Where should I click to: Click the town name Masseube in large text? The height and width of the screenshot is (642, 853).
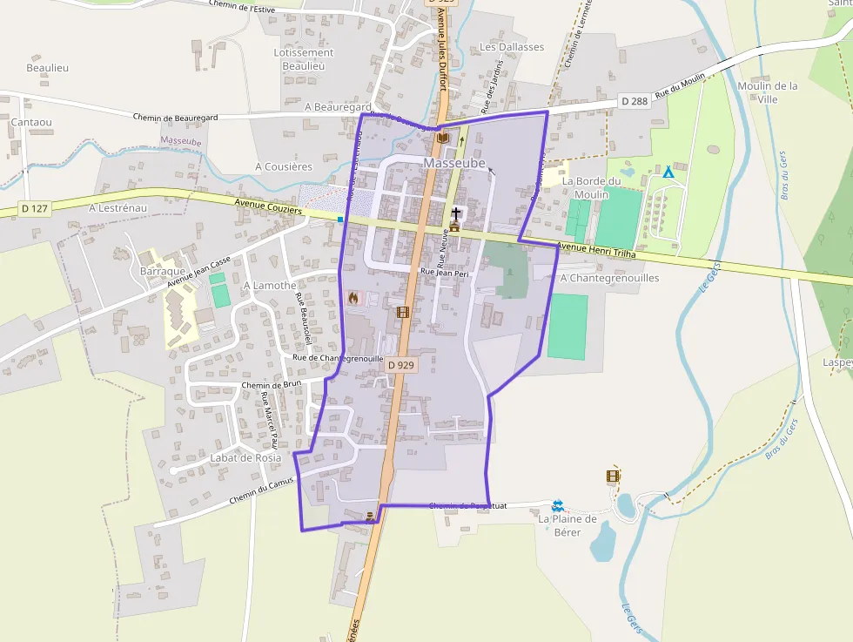tap(454, 163)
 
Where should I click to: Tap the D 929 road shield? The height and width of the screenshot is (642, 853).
tap(400, 365)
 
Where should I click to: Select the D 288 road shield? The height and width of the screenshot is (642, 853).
tap(635, 101)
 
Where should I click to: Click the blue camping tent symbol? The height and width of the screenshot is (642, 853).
tap(668, 172)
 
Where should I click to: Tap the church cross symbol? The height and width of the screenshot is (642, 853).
tap(455, 213)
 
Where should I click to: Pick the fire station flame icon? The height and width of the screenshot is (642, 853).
tap(353, 298)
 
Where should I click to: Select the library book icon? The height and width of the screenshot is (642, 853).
tap(443, 138)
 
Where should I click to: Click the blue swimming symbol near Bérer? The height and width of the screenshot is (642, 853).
tap(558, 505)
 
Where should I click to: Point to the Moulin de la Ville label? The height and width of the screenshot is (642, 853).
tap(767, 92)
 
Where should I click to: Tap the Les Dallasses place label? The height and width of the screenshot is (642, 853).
tap(512, 47)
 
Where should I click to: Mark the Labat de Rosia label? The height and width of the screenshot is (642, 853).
tap(246, 457)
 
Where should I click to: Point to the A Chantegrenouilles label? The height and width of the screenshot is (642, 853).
tap(610, 278)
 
